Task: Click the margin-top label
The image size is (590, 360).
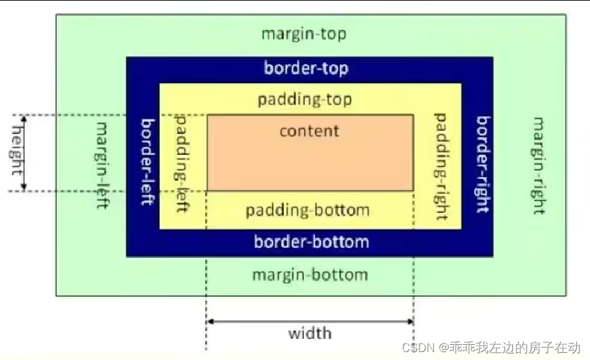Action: [304, 34]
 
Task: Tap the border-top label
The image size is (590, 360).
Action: [306, 68]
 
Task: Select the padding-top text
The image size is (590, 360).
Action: [305, 99]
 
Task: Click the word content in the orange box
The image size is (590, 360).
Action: [309, 130]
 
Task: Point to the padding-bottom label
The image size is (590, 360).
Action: [307, 211]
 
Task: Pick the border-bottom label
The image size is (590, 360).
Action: [312, 242]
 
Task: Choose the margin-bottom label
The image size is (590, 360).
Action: [310, 274]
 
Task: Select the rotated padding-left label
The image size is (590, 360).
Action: [184, 163]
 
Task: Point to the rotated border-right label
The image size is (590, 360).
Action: [483, 165]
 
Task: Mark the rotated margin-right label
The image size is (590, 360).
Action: [538, 166]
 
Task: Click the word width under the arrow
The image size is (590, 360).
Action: [310, 333]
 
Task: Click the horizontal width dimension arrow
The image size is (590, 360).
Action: [310, 321]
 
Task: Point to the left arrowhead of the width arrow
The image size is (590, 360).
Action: [210, 321]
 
